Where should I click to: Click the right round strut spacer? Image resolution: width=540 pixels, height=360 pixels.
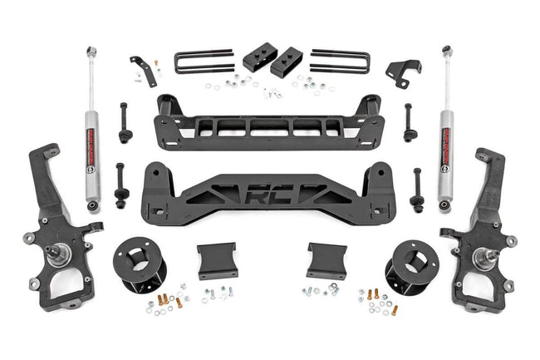coord(406,266)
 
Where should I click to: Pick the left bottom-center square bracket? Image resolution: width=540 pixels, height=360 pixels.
coord(217,259)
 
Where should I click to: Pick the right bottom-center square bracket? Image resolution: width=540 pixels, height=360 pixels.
coord(326,259)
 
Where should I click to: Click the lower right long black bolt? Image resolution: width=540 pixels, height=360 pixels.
coord(416,190)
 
